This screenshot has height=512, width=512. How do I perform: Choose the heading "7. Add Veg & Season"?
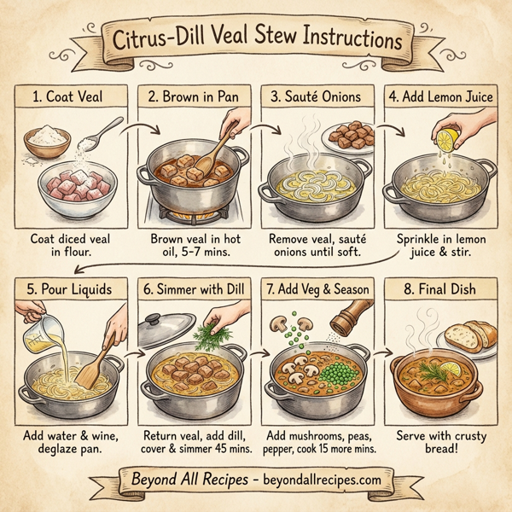click(317, 289)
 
